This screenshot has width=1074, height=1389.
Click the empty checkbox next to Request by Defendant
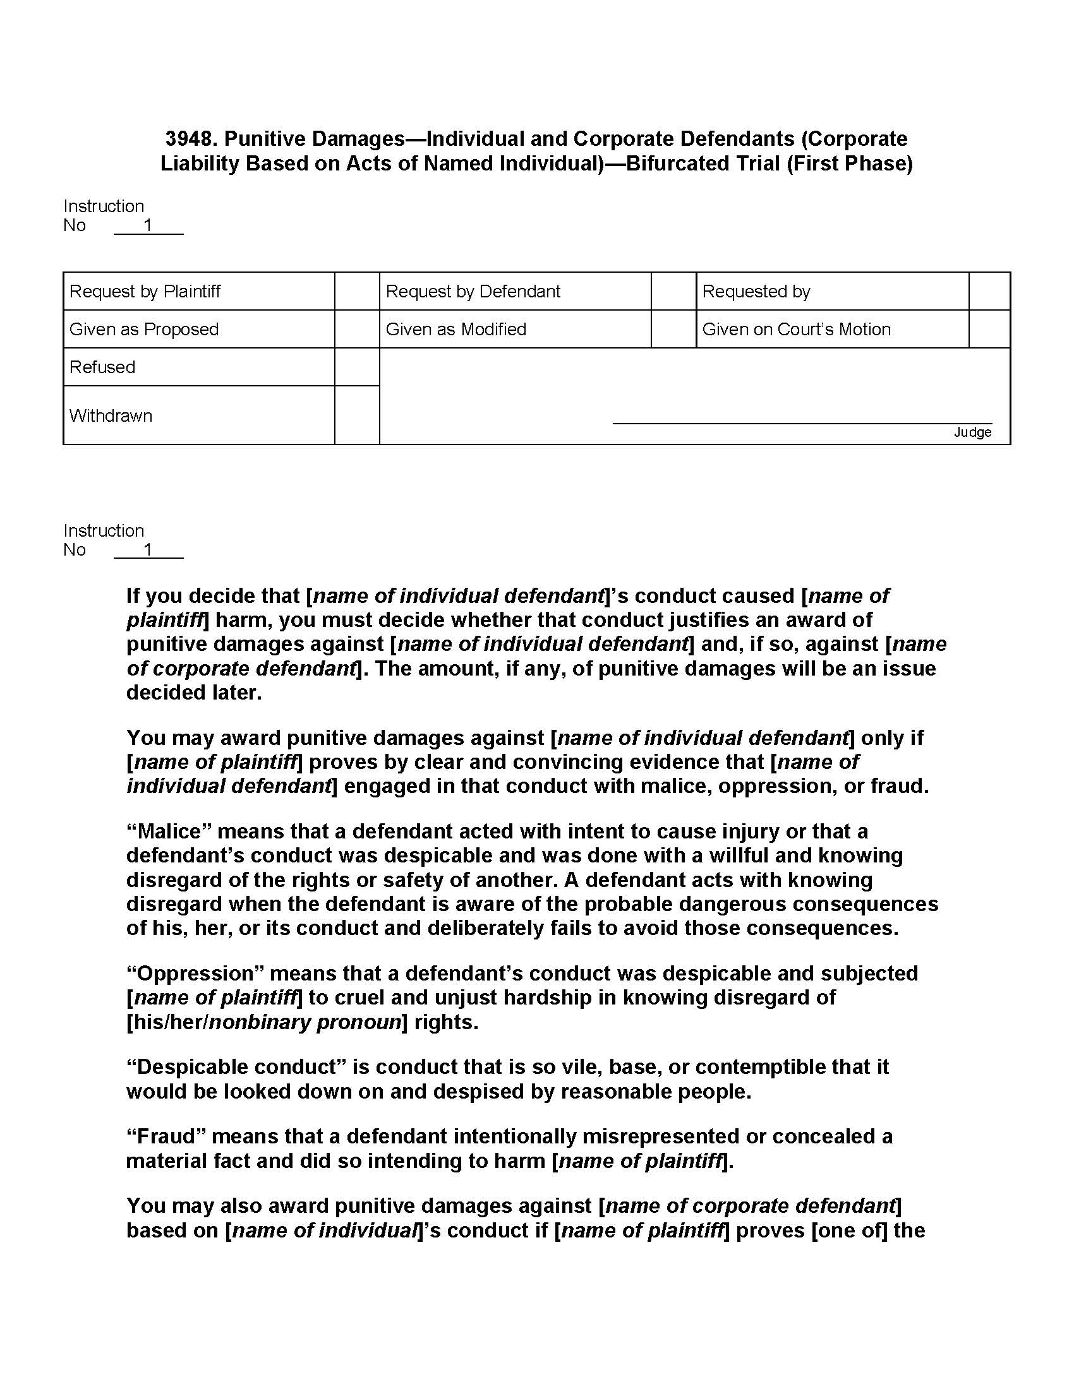tap(673, 291)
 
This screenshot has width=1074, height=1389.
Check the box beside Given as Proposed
tap(357, 329)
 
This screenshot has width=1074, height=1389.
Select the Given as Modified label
tap(456, 329)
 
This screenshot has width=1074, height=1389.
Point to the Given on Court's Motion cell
tap(796, 329)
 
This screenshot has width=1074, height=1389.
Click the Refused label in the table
tap(102, 367)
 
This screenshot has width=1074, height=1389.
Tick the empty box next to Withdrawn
tap(357, 415)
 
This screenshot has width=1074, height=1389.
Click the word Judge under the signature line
tap(972, 432)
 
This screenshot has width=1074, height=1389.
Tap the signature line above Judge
tap(802, 422)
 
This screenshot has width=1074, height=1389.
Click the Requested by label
tap(756, 291)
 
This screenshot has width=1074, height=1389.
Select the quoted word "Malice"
tap(169, 832)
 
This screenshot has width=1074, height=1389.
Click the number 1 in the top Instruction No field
tap(148, 225)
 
